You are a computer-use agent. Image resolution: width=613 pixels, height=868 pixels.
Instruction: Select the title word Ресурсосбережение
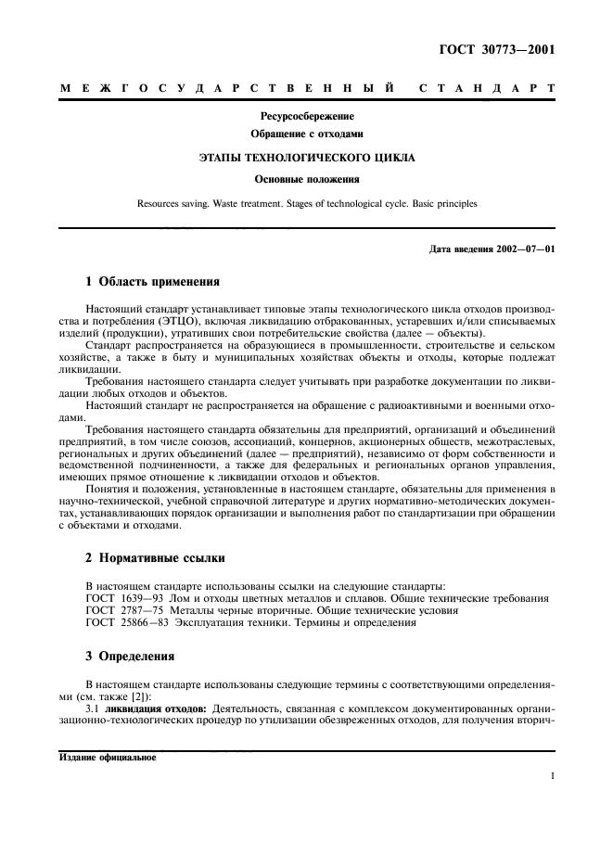[x=307, y=117]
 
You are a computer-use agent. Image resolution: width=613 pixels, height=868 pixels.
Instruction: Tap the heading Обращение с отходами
[x=307, y=134]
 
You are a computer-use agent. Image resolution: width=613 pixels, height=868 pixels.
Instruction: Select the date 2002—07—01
[x=522, y=249]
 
